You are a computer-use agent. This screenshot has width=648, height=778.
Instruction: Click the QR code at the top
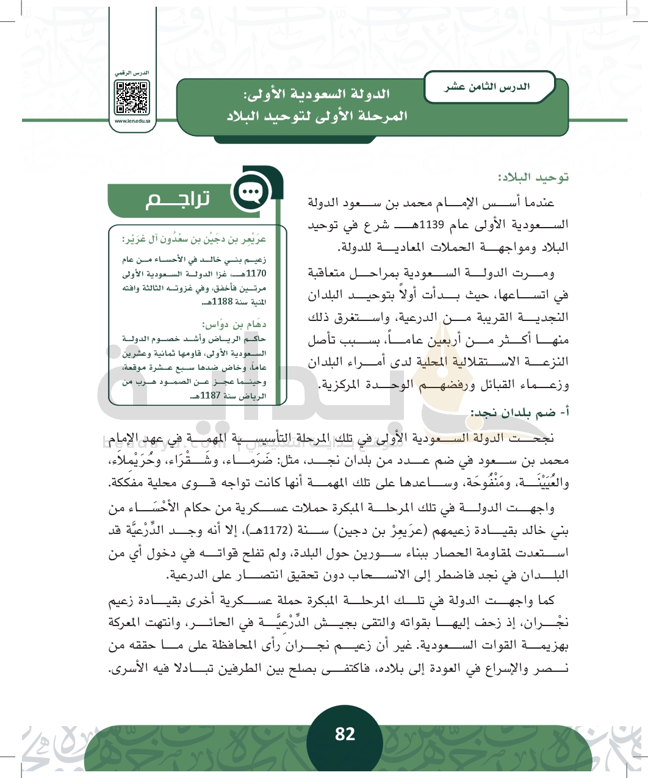132,97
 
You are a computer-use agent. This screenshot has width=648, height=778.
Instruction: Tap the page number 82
345,733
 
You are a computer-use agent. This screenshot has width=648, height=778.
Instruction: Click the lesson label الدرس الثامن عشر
487,87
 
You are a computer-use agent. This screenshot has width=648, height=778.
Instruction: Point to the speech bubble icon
251,193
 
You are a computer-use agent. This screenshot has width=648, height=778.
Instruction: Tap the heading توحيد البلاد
533,178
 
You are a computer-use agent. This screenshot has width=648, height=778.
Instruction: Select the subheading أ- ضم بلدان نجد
520,413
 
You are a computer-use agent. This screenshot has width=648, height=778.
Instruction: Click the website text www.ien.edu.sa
132,121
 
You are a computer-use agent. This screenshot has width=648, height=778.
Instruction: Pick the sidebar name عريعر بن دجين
194,239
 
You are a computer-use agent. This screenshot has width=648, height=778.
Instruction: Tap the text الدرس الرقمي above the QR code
132,73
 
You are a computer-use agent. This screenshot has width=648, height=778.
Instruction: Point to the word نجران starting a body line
553,623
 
